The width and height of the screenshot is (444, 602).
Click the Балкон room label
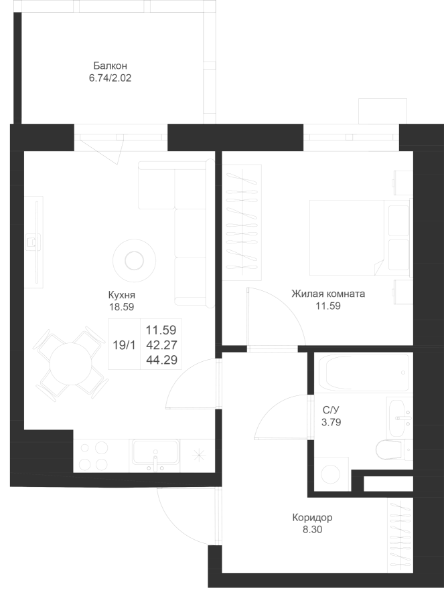(110, 66)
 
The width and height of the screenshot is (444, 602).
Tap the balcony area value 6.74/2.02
(110, 78)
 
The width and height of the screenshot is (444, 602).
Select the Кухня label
(121, 295)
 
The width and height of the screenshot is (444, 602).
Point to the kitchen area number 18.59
(121, 307)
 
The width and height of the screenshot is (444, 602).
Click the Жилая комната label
(328, 294)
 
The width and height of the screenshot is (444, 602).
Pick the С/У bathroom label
(331, 409)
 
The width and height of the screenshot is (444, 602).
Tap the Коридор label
(312, 518)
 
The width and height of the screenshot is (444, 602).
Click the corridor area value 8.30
(312, 530)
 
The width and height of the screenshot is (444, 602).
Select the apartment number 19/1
(124, 345)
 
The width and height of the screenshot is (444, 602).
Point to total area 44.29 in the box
(161, 360)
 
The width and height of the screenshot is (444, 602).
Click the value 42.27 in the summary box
(161, 344)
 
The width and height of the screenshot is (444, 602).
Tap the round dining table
(71, 364)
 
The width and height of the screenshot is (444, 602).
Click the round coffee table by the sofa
(134, 261)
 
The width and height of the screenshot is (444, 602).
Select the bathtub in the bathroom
(363, 373)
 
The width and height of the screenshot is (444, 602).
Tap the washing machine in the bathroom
(331, 474)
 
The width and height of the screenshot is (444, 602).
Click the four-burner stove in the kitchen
(94, 456)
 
